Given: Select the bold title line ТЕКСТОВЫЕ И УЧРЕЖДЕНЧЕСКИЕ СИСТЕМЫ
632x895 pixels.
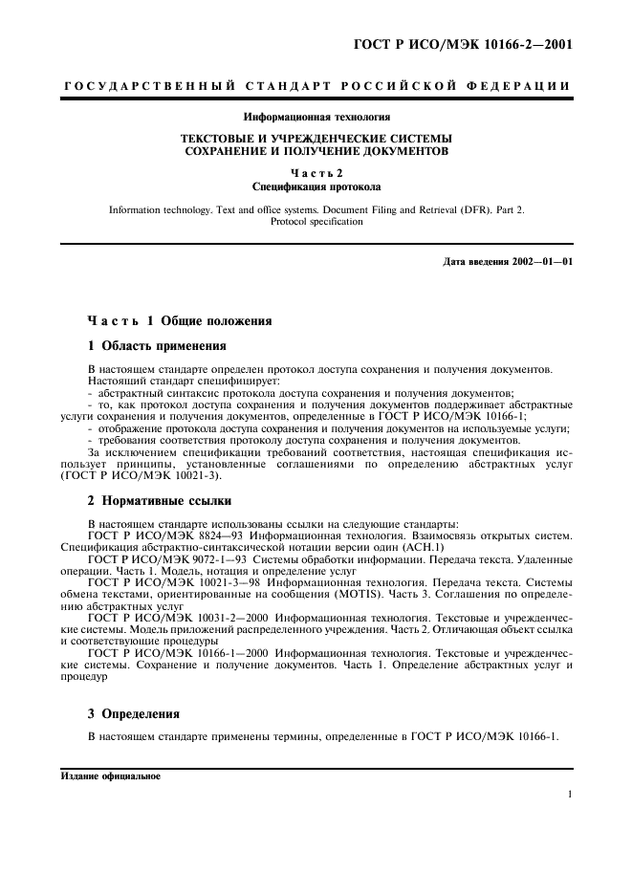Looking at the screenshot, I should [x=316, y=138].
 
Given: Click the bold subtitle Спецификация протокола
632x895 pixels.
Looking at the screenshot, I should [x=316, y=186].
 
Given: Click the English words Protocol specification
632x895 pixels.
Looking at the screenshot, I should [x=316, y=221].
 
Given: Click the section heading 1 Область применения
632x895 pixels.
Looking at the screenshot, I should [x=157, y=344].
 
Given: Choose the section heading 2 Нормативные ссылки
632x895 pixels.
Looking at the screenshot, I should [x=162, y=500].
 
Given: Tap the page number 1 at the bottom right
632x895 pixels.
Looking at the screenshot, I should [x=569, y=794].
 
